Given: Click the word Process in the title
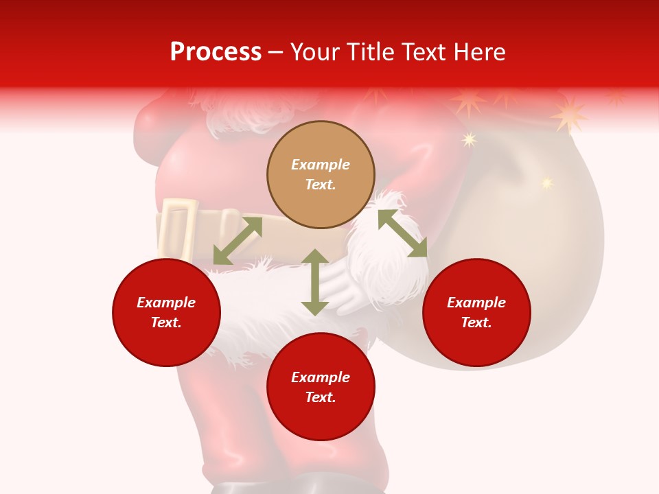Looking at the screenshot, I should (x=216, y=52).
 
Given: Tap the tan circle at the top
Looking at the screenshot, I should (x=321, y=174).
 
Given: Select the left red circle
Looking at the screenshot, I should (x=166, y=312).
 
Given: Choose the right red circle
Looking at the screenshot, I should (x=476, y=312).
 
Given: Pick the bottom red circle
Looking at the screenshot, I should (x=321, y=387).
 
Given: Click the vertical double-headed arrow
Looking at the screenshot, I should (x=315, y=282).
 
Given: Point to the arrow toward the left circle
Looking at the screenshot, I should (x=238, y=241).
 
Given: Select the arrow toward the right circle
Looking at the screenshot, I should (x=402, y=233).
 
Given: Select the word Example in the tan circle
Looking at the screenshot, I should (x=321, y=165).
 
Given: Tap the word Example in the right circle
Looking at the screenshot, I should (x=476, y=303).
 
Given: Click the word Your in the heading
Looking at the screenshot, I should (x=316, y=52).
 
